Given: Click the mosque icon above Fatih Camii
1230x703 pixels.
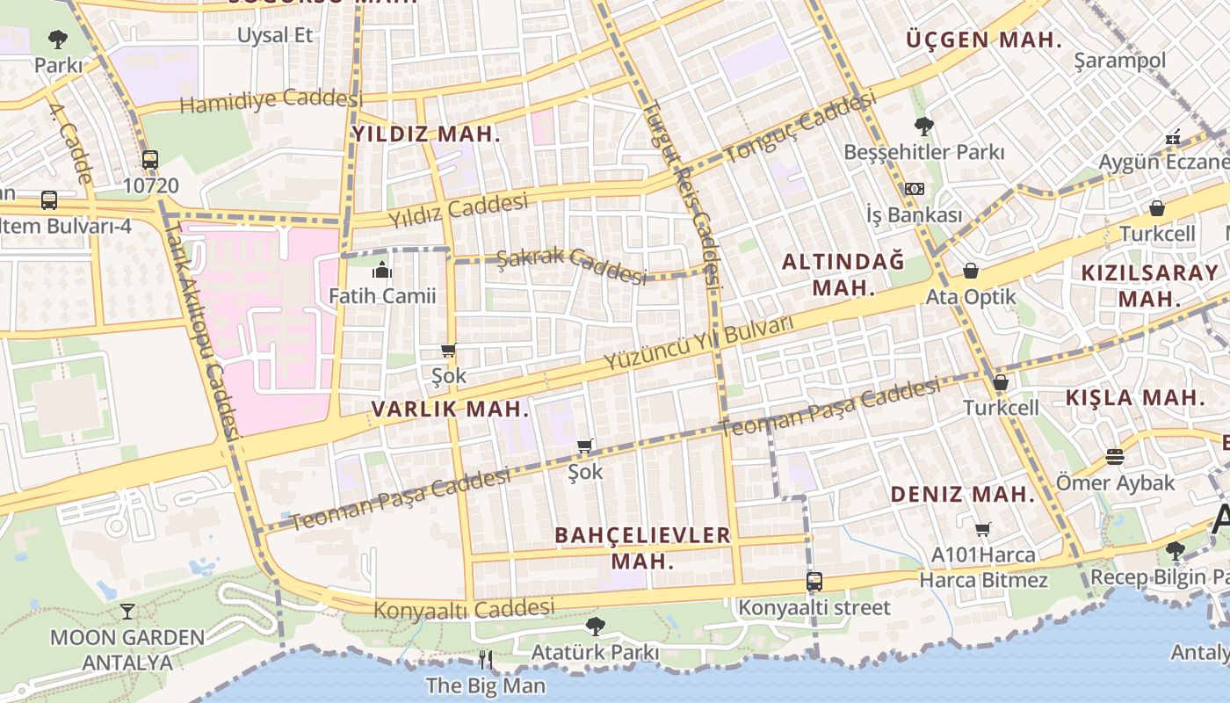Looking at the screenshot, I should point(382,270).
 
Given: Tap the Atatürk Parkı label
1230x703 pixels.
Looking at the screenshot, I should point(595,652).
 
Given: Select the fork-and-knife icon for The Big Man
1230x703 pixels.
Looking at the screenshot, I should point(485,659).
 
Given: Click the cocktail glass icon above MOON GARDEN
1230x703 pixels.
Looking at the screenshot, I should point(127,611).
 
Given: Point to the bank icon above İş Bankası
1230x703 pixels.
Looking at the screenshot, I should point(914,189).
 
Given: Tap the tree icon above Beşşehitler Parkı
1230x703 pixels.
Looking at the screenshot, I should point(923,126).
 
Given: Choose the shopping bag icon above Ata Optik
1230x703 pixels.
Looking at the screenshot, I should point(971,271).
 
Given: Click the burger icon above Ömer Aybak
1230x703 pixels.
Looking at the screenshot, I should point(1115,457).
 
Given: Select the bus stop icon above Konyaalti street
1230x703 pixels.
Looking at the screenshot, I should point(814,581).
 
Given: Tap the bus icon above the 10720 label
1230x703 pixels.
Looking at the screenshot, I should point(150,160).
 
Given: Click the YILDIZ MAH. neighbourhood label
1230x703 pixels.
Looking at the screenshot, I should point(426,134).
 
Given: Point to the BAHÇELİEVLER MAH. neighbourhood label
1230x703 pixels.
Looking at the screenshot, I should point(643,547).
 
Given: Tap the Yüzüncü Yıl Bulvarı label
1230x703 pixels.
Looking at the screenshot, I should point(698,343).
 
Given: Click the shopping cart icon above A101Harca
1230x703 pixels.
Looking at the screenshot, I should point(983,529).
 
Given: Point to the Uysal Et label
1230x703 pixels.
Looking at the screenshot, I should point(276,35).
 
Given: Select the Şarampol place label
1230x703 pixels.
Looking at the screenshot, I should point(1120,61).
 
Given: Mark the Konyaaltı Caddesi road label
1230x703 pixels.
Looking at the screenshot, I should point(464,608).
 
